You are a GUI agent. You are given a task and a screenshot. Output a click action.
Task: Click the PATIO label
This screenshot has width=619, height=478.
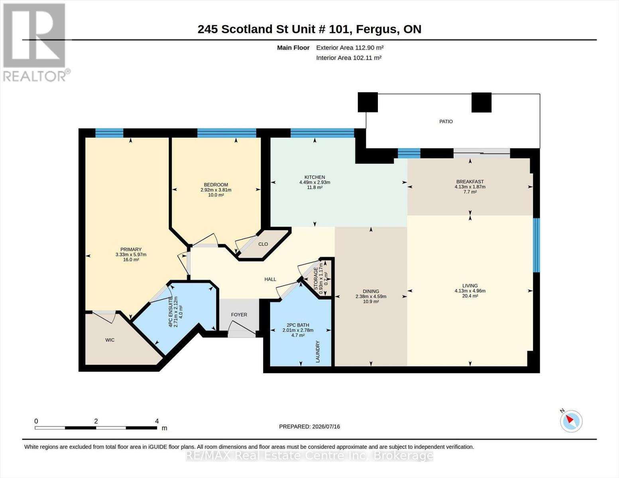click(446, 121)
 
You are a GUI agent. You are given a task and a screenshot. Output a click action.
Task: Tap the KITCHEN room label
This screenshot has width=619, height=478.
click(314, 177)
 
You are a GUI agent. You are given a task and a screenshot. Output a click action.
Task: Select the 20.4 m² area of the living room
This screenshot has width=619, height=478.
click(470, 296)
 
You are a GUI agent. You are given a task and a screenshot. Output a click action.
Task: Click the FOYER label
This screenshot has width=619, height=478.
click(239, 315)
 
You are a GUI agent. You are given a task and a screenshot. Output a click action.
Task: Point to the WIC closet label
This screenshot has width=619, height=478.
click(110, 340)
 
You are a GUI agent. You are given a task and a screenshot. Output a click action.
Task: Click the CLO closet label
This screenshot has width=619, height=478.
click(263, 244)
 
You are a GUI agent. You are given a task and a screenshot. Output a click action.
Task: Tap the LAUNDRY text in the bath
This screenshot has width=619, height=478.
click(318, 352)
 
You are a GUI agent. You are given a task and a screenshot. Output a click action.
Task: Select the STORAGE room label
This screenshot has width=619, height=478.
click(316, 278)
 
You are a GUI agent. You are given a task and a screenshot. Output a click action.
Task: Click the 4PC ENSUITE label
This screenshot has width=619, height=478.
click(171, 312)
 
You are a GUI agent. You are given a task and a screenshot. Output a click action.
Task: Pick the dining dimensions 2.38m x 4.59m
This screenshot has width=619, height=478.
click(371, 296)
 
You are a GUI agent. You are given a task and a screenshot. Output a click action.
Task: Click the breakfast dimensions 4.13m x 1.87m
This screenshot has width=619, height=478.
click(470, 187)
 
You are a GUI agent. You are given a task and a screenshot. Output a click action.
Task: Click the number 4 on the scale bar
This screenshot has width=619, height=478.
click(157, 421)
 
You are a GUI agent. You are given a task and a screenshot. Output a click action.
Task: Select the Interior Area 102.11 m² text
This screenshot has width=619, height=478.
click(349, 58)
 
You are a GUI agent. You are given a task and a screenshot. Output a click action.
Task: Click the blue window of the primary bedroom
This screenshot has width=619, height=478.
click(109, 133)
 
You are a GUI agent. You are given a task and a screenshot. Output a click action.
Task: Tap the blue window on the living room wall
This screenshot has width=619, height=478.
click(536, 245)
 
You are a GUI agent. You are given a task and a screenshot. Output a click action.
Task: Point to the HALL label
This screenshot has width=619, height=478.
click(270, 279)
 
